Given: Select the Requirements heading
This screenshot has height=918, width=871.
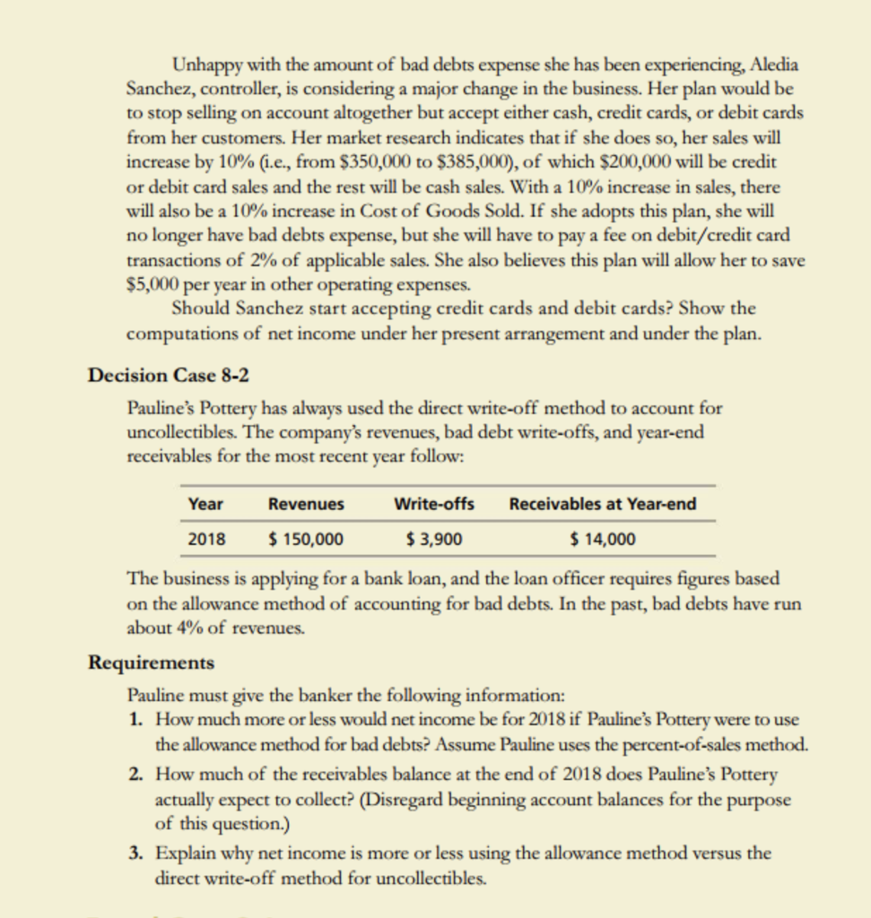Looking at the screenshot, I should [151, 663].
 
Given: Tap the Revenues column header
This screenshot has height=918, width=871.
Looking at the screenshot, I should [306, 504].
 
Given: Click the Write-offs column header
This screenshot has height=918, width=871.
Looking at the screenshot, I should [434, 504].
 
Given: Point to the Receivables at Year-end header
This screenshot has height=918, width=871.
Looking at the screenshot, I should [602, 504].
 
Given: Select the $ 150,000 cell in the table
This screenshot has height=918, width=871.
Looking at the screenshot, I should [306, 539].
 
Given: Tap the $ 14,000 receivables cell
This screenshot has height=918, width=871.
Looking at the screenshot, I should [603, 539].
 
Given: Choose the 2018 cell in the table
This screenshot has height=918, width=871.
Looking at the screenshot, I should [206, 539].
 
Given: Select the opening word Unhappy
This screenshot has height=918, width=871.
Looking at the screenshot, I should [203, 66].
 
